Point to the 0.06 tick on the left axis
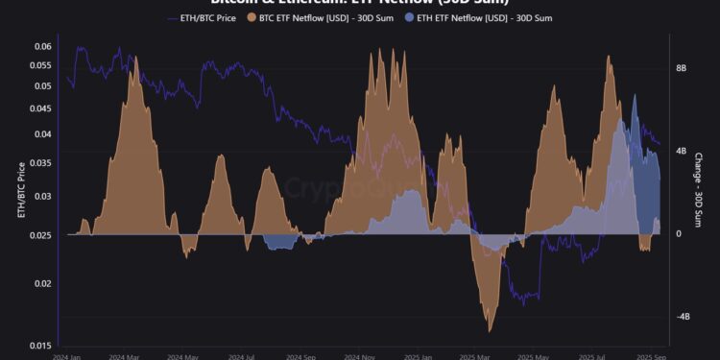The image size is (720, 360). [x=43, y=47]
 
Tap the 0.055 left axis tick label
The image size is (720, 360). [x=40, y=65]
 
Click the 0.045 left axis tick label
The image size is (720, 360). [x=40, y=108]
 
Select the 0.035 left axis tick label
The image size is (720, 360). [x=40, y=162]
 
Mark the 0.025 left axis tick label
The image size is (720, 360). [x=40, y=235]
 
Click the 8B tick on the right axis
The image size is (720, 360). [x=681, y=69]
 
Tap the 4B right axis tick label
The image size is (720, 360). [x=681, y=152]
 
